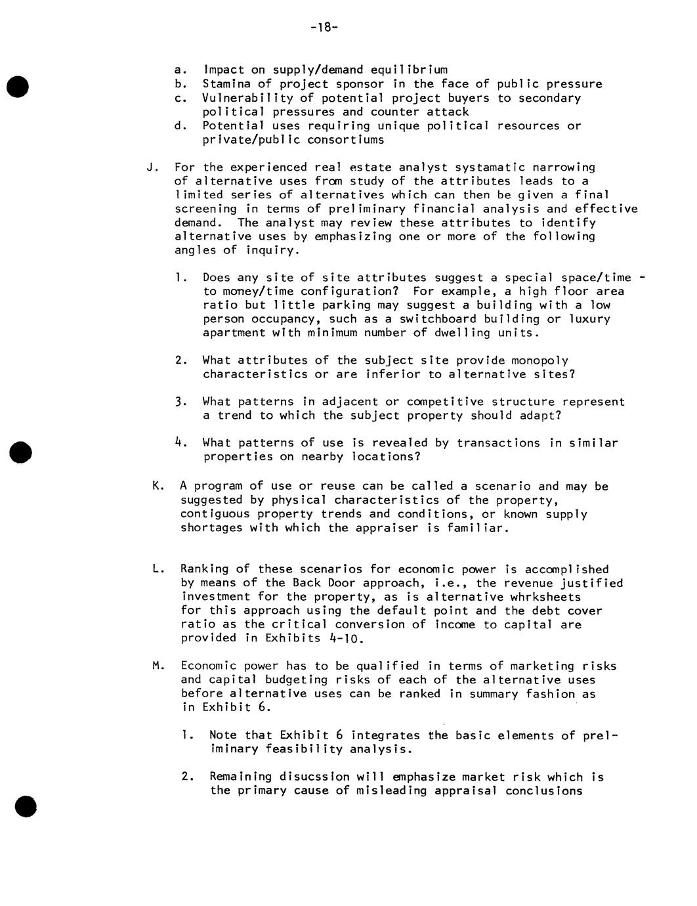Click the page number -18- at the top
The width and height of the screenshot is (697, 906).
[x=323, y=27]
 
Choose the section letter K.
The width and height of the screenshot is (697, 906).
[x=157, y=486]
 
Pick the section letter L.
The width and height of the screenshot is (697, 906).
[x=156, y=569]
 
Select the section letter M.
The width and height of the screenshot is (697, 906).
[x=157, y=666]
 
